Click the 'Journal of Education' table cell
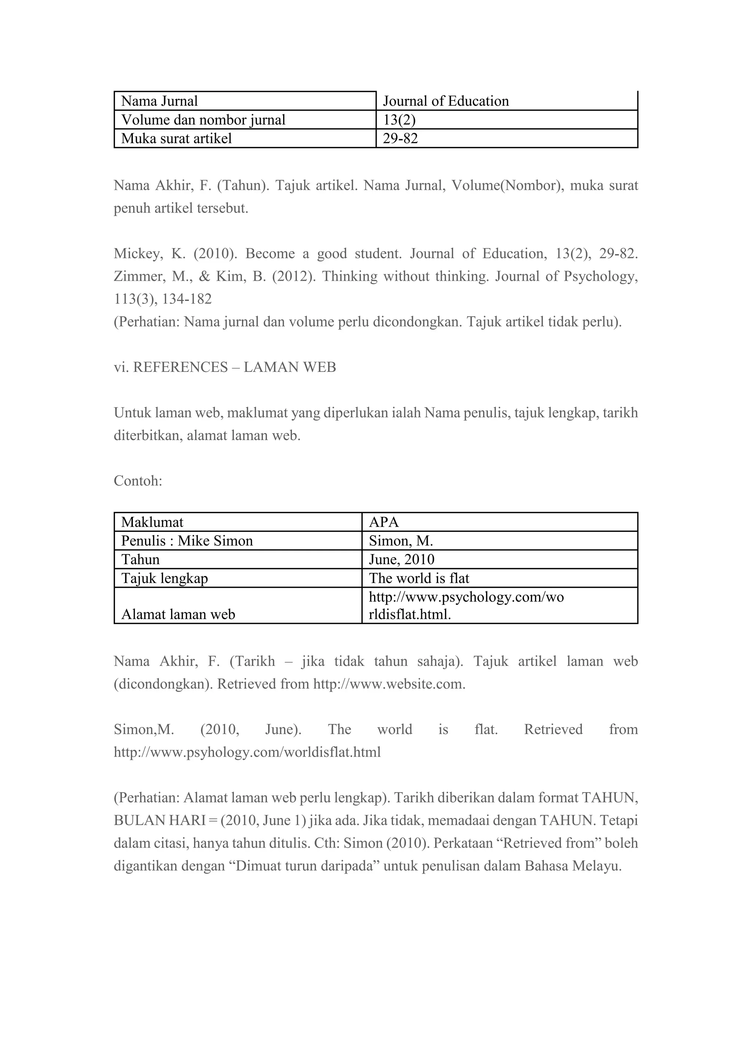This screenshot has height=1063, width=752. pos(445,101)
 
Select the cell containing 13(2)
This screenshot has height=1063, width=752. pos(399,120)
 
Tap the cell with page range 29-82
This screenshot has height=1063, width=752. pos(400,138)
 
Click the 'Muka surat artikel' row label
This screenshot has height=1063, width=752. pos(176,138)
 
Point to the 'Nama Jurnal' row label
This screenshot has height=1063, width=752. pos(159,101)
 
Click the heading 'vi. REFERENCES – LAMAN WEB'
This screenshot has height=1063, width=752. pos(225,367)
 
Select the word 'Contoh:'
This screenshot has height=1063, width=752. pos(138,481)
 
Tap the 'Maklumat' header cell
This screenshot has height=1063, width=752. pos(152,522)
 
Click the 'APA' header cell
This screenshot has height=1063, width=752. pos(383,522)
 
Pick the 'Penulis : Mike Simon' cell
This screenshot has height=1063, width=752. pos(187,541)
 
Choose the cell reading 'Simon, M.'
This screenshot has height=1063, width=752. pos(401,541)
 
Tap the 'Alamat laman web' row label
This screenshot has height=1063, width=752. pos(178,614)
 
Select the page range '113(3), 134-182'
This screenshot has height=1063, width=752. pos(163,299)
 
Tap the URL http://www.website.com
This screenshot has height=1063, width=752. pos(389,684)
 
